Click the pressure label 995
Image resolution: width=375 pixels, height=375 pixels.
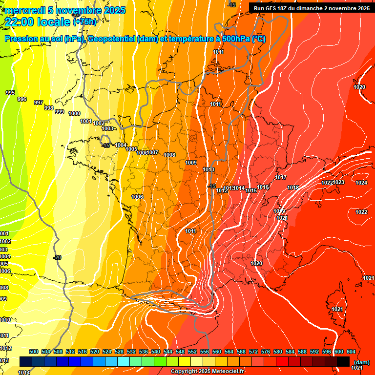tap(10, 93)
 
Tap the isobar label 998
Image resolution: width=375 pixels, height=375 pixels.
tap(49, 108)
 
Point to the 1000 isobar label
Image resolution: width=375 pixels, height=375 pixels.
tap(74, 113)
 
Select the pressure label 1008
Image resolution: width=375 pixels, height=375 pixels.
tap(169, 155)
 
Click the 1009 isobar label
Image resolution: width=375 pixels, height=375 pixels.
tap(191, 163)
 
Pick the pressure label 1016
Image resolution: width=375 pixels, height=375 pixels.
tap(263, 187)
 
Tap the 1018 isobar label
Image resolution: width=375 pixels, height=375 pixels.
tap(293, 188)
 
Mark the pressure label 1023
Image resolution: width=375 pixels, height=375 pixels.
tap(339, 182)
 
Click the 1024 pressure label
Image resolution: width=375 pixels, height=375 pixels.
tap(361, 183)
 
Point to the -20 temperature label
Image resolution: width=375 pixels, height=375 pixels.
tap(58, 257)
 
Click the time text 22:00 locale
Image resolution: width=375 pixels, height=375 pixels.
tap(39, 21)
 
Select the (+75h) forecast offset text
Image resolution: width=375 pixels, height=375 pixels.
tap(84, 21)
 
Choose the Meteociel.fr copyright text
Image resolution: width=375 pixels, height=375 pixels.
tap(207, 372)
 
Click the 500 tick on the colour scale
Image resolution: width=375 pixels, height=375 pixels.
tap(34, 352)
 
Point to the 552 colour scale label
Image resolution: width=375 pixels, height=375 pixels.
tap(192, 352)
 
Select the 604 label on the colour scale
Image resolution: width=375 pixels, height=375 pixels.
tap(351, 352)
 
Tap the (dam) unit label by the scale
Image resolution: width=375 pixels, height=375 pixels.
tap(362, 362)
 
